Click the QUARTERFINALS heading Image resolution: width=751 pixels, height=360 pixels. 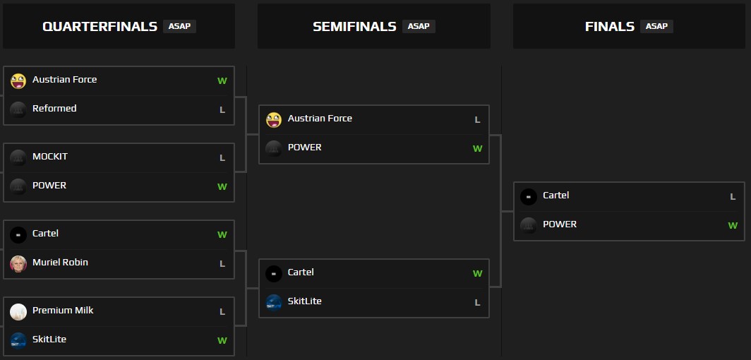coord(100,26)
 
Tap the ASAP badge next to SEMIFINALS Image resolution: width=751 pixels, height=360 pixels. coord(419,26)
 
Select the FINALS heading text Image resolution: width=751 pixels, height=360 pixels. coord(609,26)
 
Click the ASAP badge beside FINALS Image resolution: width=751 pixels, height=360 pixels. coord(656,26)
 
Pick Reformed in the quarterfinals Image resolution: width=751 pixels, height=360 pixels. coord(54,109)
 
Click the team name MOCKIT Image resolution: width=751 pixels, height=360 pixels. coord(50,157)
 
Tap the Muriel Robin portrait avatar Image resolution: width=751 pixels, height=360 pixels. coord(18,264)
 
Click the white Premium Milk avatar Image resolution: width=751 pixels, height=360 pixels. coord(18,312)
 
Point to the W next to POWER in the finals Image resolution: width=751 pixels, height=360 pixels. coord(733,225)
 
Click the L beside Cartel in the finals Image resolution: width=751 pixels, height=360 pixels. coord(733,197)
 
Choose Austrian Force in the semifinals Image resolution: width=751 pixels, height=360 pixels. coord(320,119)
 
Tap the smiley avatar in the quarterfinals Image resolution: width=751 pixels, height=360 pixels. coord(18,81)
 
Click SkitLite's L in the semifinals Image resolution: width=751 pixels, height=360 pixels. coord(477,303)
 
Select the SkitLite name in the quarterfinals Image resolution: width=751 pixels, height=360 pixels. coord(49,340)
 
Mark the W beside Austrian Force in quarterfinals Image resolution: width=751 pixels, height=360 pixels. coord(222,81)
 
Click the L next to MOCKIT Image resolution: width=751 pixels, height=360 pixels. coord(222,158)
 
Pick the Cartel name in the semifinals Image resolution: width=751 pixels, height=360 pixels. coord(301,272)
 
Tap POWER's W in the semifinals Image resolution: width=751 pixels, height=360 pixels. coord(478,148)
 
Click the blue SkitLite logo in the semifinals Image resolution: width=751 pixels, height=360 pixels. coord(274,303)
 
